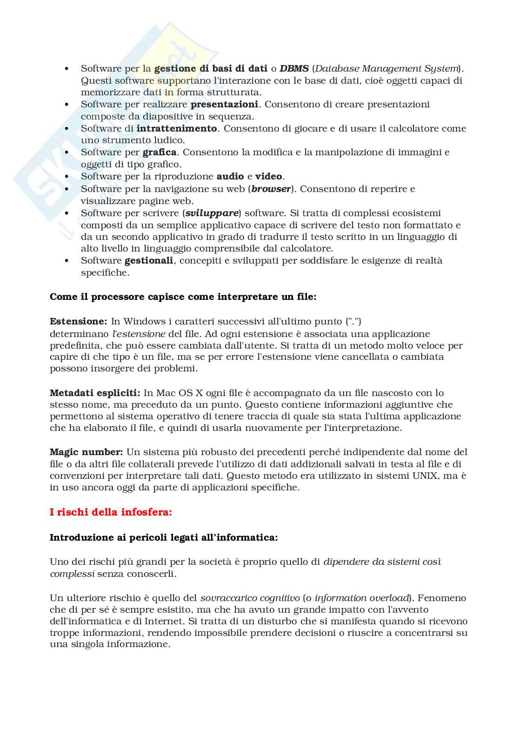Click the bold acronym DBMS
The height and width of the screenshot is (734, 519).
click(294, 69)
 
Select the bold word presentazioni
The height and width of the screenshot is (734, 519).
click(224, 104)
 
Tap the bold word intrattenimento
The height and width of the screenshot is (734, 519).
click(177, 128)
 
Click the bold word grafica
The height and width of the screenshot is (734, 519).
click(160, 152)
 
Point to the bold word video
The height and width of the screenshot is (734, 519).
click(268, 176)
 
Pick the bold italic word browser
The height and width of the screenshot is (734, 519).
click(271, 189)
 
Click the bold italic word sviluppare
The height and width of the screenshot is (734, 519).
click(212, 213)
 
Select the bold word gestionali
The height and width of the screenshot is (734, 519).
click(149, 260)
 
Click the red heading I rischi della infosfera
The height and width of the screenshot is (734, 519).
click(111, 512)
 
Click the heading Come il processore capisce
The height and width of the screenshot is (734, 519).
click(183, 297)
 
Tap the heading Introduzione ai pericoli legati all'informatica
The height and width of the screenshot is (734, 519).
click(164, 537)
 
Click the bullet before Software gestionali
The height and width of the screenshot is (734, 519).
click(67, 261)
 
